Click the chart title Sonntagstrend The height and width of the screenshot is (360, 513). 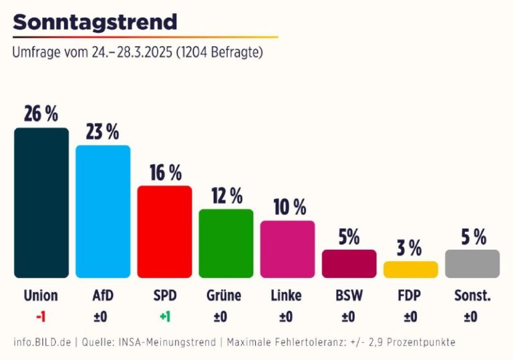click(95, 22)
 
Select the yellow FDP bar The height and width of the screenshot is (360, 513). click(410, 269)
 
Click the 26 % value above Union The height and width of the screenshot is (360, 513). click(41, 114)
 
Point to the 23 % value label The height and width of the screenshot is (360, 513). click(103, 132)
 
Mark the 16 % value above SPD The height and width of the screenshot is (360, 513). click(164, 172)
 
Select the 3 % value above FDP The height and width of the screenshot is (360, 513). click(410, 248)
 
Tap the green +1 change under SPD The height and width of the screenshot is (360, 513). click(164, 317)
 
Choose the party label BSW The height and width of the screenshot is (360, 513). click(349, 295)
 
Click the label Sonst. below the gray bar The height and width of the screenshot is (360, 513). click(472, 295)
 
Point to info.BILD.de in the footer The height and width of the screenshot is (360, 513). click(41, 342)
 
